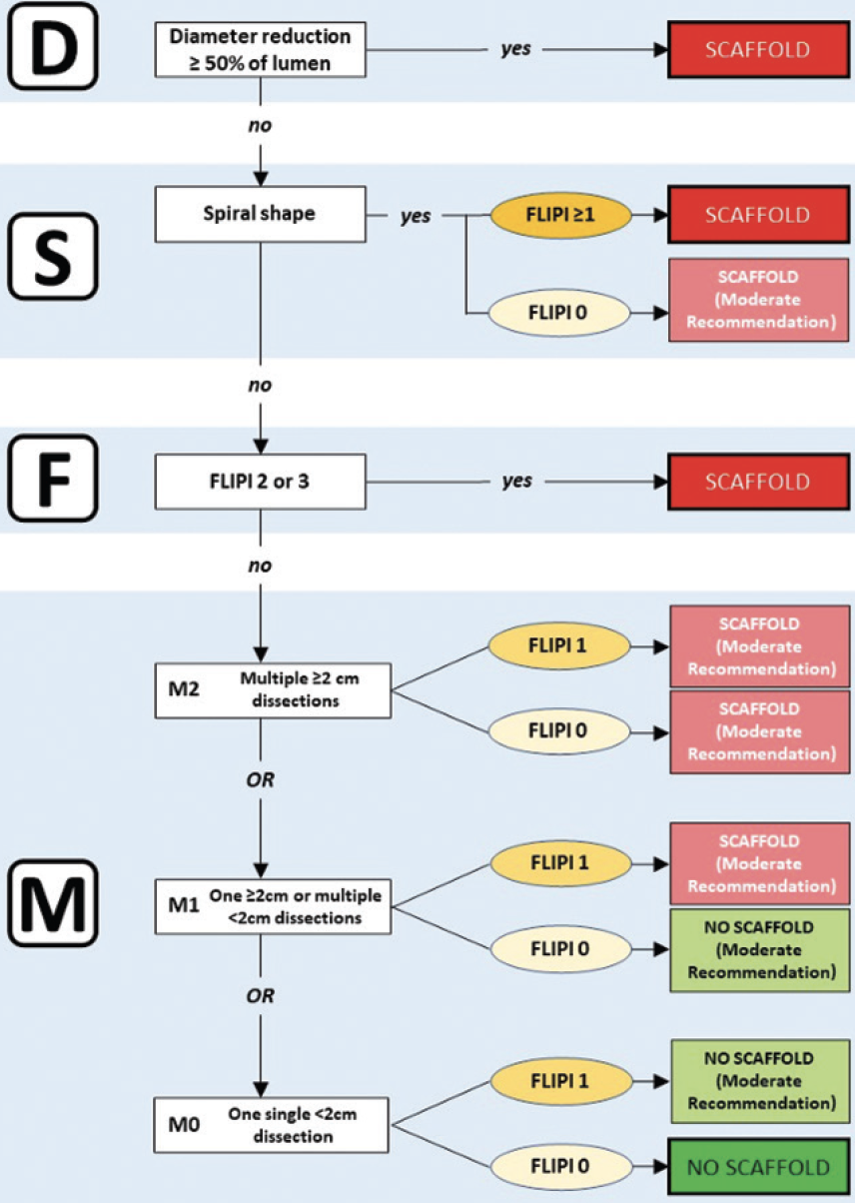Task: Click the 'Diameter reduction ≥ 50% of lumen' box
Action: [260, 48]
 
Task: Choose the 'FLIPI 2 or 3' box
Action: [260, 481]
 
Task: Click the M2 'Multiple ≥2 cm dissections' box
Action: [272, 688]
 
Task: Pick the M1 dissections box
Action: [272, 907]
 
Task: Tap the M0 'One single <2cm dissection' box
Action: [272, 1125]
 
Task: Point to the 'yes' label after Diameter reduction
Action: [515, 48]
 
